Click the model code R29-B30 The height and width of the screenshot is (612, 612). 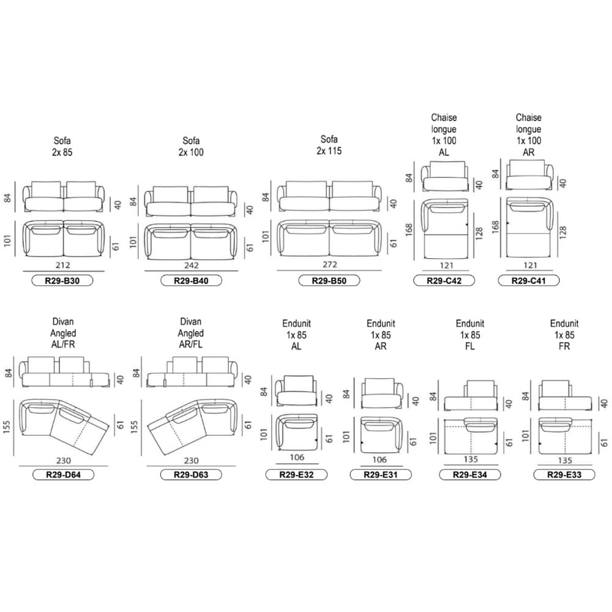pos(62,281)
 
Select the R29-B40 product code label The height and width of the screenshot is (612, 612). pos(191,281)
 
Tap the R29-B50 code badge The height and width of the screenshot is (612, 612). pos(329,281)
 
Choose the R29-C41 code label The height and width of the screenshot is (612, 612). pos(529,281)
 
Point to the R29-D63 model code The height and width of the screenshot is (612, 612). pos(191,474)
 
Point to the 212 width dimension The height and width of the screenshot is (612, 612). pos(62,265)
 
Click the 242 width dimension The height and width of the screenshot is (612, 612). pos(191,265)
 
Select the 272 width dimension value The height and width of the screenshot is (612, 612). pos(329,265)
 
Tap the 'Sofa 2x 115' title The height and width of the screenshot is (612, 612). pos(329,145)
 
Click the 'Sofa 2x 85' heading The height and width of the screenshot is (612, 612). pos(62,146)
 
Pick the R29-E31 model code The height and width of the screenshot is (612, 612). pos(379,474)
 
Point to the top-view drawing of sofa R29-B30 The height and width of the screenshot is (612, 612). pos(63,239)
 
